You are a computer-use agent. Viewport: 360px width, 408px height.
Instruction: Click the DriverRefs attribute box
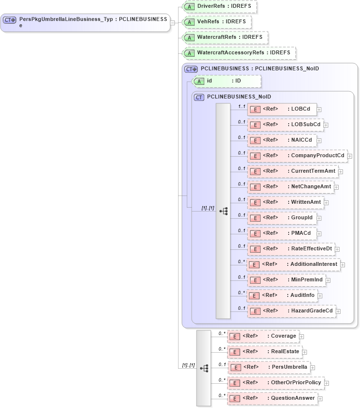(x=219, y=7)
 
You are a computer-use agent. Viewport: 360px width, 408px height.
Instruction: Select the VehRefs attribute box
(x=217, y=22)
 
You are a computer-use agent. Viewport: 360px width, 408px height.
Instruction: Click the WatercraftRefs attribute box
(x=225, y=37)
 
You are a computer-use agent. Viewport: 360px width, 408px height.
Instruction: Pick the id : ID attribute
(x=227, y=81)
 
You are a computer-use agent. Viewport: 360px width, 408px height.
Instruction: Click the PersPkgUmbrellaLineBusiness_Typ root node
(x=85, y=22)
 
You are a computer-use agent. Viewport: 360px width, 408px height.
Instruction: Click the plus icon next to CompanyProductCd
(x=350, y=156)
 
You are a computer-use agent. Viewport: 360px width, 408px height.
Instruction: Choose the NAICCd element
(x=282, y=140)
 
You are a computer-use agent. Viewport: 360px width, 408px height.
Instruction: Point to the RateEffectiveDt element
(x=291, y=249)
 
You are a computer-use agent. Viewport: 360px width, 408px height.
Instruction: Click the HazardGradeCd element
(x=291, y=311)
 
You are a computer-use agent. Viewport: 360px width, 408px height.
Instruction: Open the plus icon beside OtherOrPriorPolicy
(x=327, y=383)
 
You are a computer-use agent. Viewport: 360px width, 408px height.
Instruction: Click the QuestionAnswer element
(x=272, y=398)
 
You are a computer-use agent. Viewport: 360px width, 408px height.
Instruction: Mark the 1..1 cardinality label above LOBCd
(x=241, y=106)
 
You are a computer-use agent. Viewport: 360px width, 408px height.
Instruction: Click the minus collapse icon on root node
(x=173, y=22)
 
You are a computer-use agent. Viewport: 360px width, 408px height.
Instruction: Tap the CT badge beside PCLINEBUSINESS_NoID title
(x=199, y=97)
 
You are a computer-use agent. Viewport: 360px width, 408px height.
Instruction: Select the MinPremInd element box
(x=286, y=280)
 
